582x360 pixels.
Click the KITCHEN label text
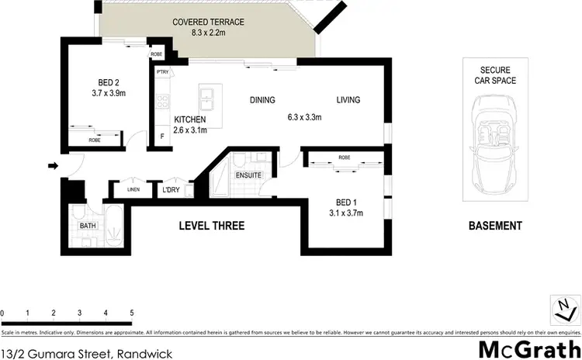tap(190, 119)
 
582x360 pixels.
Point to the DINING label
tap(262, 100)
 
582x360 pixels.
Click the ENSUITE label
tap(248, 175)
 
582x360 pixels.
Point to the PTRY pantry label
tap(162, 72)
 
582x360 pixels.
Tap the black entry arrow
tap(52, 165)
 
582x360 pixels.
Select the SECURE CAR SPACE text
tap(494, 74)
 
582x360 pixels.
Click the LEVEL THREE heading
tap(212, 226)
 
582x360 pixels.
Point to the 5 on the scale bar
tap(132, 313)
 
